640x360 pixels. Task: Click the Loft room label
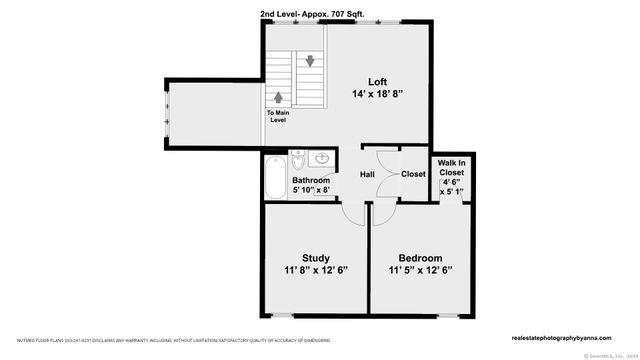(376, 82)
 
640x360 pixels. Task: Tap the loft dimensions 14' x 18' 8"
(376, 95)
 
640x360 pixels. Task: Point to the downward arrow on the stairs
(311, 61)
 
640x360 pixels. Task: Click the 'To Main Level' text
(280, 117)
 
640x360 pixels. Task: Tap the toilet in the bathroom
(299, 161)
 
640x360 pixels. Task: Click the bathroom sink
(322, 160)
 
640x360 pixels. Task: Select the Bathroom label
(311, 181)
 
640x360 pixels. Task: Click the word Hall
(368, 174)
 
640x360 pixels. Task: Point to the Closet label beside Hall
(413, 174)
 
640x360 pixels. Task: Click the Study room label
(315, 258)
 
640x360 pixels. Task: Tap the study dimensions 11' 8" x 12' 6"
(315, 270)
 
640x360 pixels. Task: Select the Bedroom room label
(421, 258)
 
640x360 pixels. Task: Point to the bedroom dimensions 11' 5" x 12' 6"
(421, 270)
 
